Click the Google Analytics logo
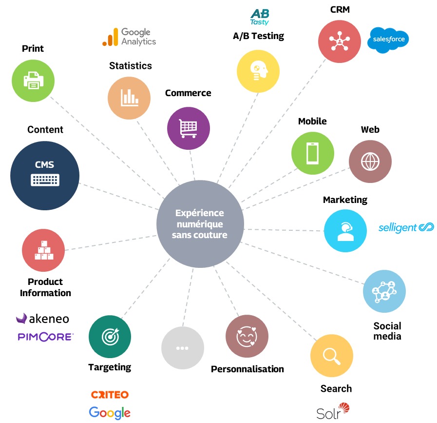coord(129,37)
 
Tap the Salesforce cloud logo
coord(388,40)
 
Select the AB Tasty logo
coord(259,17)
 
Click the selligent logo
coord(406,227)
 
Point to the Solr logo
coord(333,411)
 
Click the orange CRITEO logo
coord(110,394)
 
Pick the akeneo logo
coord(42,319)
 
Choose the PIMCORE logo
coord(45,337)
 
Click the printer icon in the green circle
coord(33,80)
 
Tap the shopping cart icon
coord(189,129)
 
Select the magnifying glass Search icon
coord(332,356)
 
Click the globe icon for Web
coord(370,161)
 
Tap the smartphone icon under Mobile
coord(313,153)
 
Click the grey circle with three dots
coord(182,348)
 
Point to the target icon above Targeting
coord(110,337)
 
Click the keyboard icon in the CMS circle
coord(45,180)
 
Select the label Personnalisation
coord(247,369)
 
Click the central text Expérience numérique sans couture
coord(200,224)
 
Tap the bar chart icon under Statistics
coord(129,98)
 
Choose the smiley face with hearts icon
coord(247,336)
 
